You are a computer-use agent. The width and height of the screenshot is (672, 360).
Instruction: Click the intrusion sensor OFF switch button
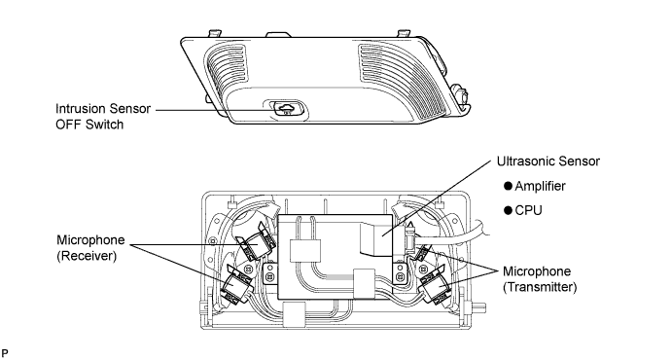pyautogui.click(x=286, y=108)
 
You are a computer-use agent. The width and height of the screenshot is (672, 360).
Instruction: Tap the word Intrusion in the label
pyautogui.click(x=81, y=109)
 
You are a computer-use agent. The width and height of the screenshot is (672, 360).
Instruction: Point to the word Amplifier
pyautogui.click(x=540, y=187)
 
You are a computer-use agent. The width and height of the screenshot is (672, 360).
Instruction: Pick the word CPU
pyautogui.click(x=528, y=210)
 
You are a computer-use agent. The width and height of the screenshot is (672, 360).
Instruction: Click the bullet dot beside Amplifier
pyautogui.click(x=509, y=186)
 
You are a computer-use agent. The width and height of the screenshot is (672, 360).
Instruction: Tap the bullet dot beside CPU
pyautogui.click(x=509, y=210)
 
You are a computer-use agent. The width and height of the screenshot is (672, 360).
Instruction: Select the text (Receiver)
pyautogui.click(x=87, y=256)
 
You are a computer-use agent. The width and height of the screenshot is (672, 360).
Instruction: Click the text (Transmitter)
pyautogui.click(x=540, y=287)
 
